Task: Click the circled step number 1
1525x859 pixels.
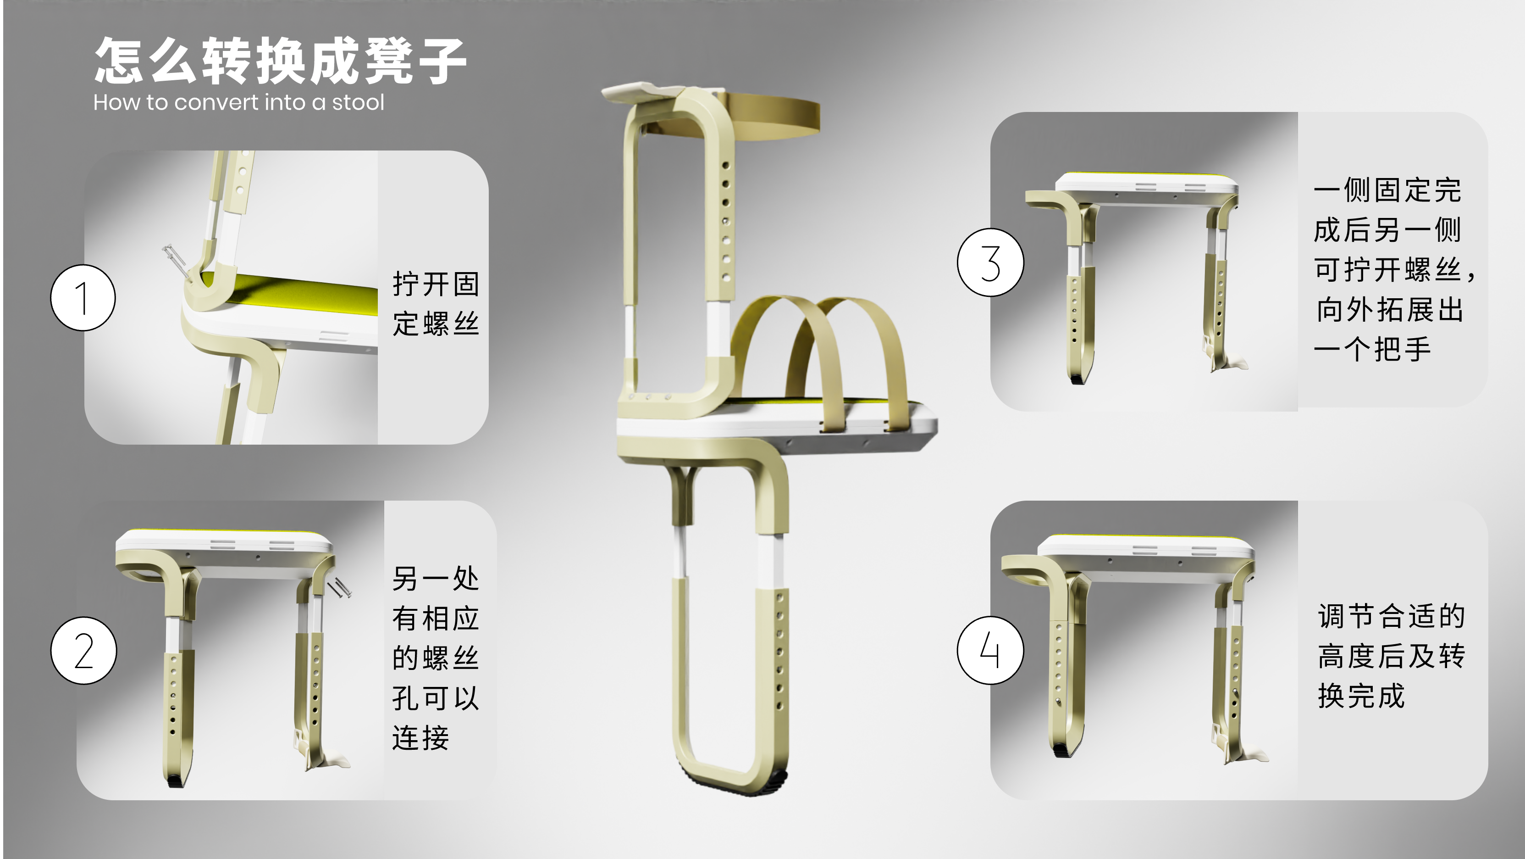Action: (x=83, y=297)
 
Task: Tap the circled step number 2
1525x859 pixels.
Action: (x=83, y=651)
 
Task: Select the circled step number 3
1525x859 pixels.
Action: (x=990, y=262)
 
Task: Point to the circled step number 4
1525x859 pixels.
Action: (x=990, y=651)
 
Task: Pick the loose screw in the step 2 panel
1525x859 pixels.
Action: (x=340, y=588)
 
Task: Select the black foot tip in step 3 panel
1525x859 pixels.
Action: (x=1077, y=379)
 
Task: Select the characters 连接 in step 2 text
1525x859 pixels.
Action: (x=420, y=737)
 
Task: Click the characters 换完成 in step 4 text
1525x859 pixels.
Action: (x=1360, y=696)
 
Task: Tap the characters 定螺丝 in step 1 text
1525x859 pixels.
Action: (x=435, y=324)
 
